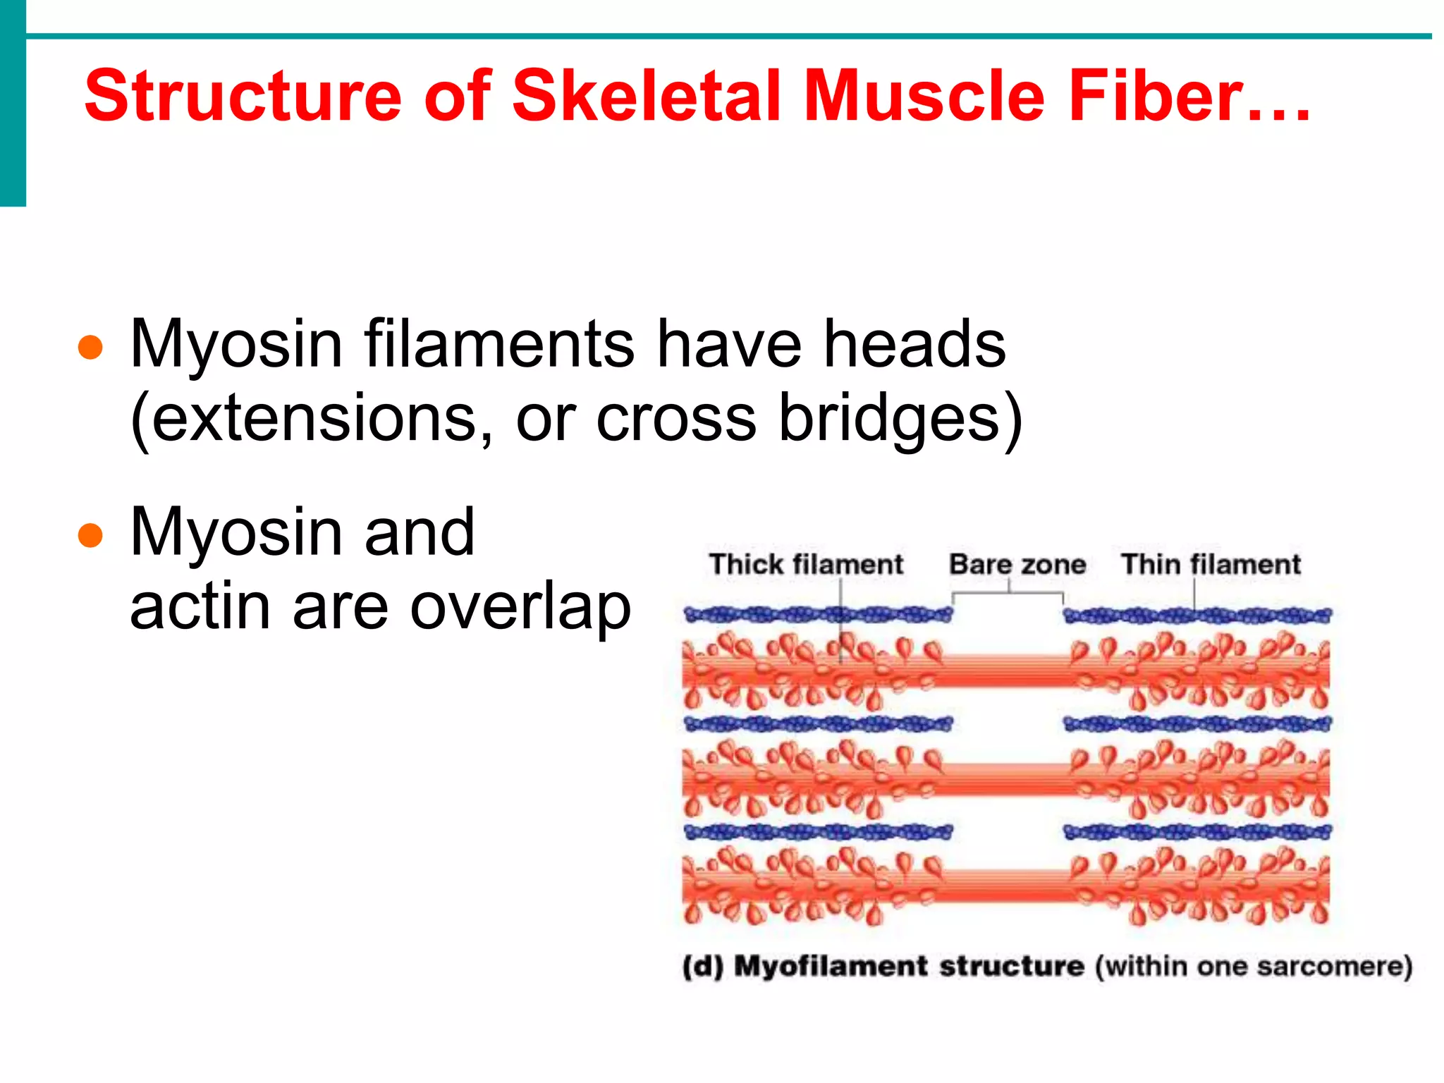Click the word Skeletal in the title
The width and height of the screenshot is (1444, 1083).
[x=647, y=96]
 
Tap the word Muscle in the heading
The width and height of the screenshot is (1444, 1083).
[x=924, y=96]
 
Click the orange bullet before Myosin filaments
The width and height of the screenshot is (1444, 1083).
[x=90, y=347]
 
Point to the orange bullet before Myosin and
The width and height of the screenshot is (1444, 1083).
[x=90, y=535]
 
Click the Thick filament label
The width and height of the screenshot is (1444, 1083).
[x=806, y=565]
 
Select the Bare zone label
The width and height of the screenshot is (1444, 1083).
[x=1017, y=565]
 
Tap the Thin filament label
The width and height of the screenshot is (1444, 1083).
[x=1211, y=565]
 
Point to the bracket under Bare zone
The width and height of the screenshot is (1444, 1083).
[x=1008, y=594]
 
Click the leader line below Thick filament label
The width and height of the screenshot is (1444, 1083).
[x=841, y=620]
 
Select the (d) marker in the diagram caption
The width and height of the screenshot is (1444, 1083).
[x=702, y=967]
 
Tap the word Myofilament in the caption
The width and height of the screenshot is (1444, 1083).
[x=830, y=967]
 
